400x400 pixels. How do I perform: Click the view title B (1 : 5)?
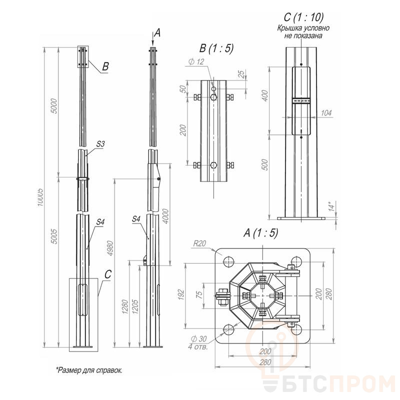click(216, 48)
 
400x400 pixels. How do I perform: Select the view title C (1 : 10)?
click(303, 17)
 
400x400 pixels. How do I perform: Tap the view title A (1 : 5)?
click(260, 232)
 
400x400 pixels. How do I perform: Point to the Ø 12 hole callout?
click(196, 61)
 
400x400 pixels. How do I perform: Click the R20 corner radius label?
click(199, 243)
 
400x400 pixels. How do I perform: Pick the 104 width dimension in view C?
click(326, 113)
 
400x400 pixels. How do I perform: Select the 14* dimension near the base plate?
click(331, 206)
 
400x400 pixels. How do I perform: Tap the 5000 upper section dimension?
click(54, 106)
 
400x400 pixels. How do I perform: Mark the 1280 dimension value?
click(125, 306)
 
